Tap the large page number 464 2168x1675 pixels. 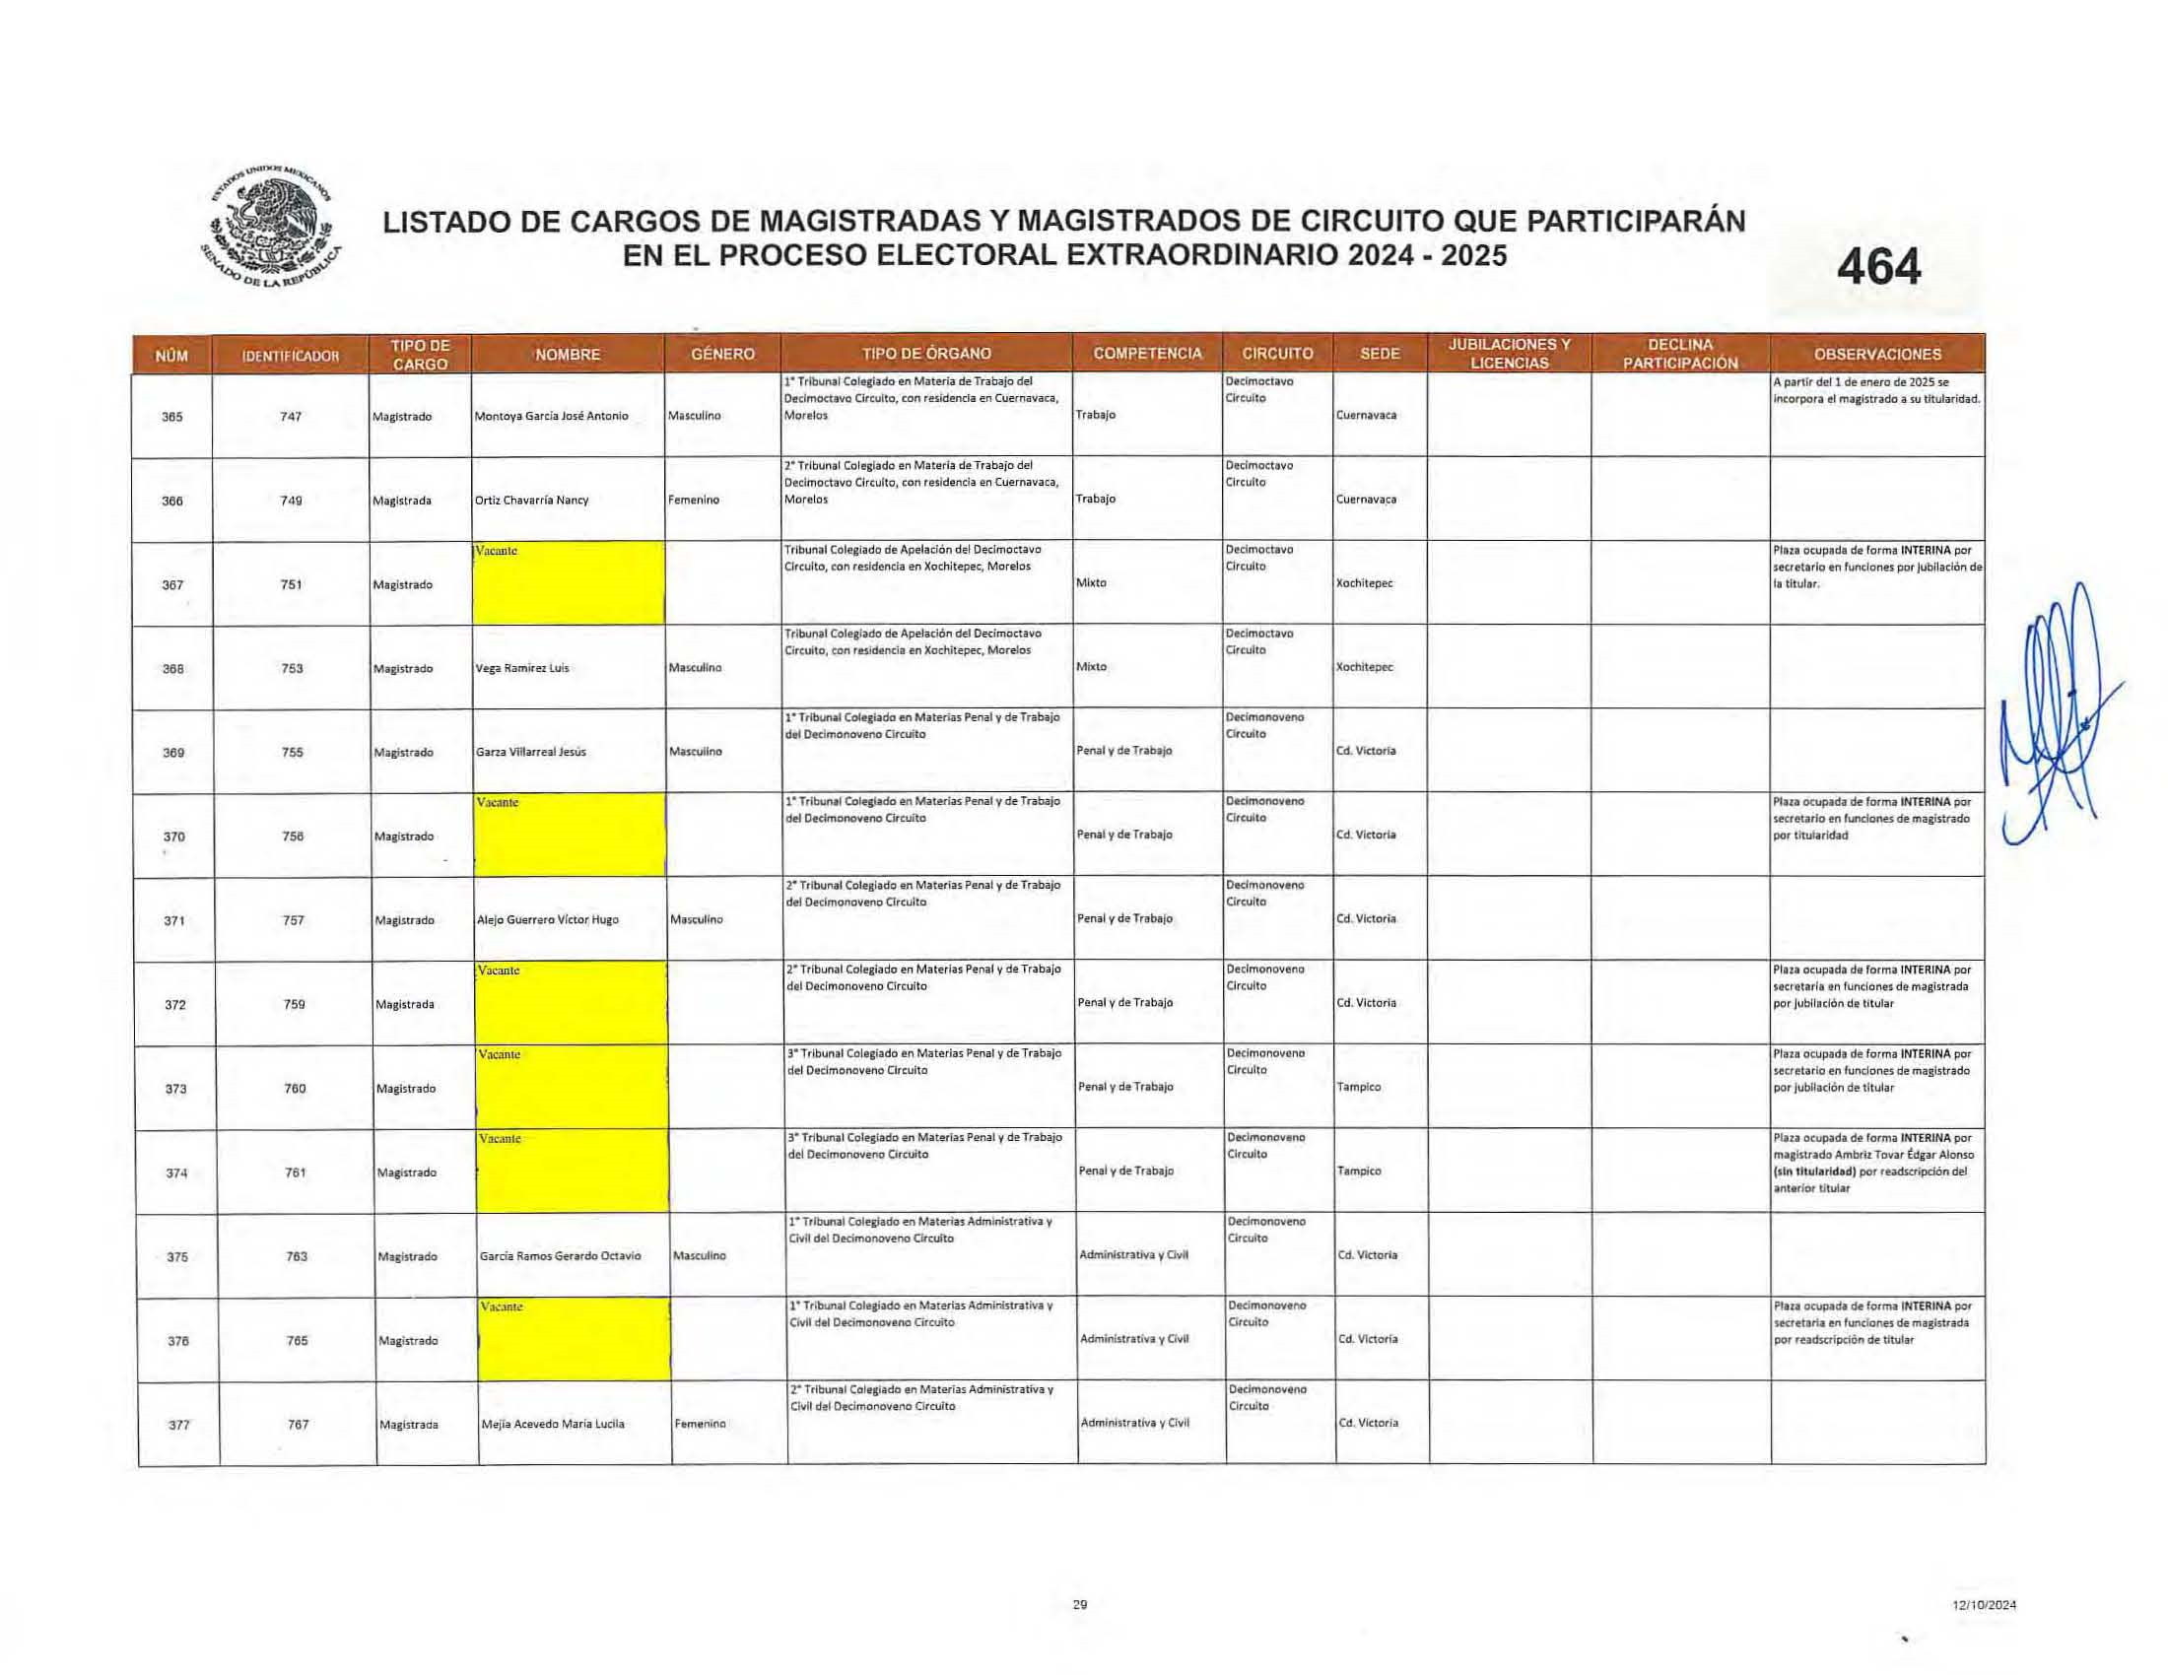tap(1878, 267)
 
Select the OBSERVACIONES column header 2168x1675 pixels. tap(1876, 355)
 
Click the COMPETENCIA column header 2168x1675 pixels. tap(1146, 354)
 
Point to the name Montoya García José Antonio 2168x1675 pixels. tap(551, 417)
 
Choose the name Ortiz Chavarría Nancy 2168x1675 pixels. tap(531, 501)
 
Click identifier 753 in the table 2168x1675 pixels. tap(292, 669)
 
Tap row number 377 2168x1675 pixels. tap(178, 1425)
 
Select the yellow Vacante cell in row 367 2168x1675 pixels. tap(569, 583)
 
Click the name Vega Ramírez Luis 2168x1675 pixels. tap(522, 669)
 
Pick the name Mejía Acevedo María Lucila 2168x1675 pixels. tap(552, 1424)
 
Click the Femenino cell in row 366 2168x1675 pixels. tap(693, 501)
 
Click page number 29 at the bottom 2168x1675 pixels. tap(1080, 1604)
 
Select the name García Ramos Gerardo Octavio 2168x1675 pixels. tap(560, 1256)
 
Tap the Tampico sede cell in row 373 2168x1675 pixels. tap(1358, 1088)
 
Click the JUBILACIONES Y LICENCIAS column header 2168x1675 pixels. tap(1509, 354)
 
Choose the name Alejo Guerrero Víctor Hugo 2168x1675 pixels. tap(548, 920)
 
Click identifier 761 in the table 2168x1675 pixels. tap(295, 1172)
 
